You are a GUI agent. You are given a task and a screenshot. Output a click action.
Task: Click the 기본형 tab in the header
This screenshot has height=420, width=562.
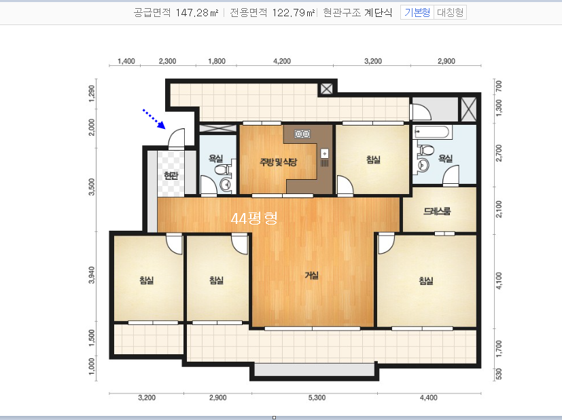pyautogui.click(x=417, y=12)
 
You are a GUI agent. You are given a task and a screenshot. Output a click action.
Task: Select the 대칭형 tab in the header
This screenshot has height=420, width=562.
pyautogui.click(x=450, y=12)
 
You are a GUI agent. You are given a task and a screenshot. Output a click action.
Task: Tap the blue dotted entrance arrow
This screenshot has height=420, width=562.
pyautogui.click(x=154, y=119)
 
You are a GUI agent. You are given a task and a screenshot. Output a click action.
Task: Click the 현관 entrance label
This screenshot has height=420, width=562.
pyautogui.click(x=171, y=175)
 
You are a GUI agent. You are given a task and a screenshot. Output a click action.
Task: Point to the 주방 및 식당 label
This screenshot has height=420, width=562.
pyautogui.click(x=279, y=162)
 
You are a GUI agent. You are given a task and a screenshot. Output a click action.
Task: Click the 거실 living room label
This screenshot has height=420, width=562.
pyautogui.click(x=311, y=275)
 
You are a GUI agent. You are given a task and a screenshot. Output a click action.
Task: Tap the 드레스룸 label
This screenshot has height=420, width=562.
pyautogui.click(x=437, y=211)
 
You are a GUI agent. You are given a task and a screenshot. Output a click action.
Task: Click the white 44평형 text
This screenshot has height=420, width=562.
pyautogui.click(x=254, y=218)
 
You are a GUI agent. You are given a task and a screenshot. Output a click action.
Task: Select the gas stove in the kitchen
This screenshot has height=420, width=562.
pyautogui.click(x=302, y=134)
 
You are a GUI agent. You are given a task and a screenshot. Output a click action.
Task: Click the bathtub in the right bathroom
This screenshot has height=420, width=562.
pyautogui.click(x=433, y=132)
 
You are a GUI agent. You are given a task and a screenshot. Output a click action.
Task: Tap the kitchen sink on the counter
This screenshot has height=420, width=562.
pyautogui.click(x=324, y=153)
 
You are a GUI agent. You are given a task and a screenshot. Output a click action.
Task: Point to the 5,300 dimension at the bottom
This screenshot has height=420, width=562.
pyautogui.click(x=317, y=398)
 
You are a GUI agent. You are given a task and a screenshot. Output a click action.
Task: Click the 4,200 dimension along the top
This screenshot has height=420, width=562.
pyautogui.click(x=282, y=61)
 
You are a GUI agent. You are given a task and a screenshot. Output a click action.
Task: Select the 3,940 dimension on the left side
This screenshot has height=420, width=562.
pyautogui.click(x=92, y=275)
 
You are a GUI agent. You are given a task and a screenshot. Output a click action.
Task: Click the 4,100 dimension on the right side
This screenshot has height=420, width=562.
pyautogui.click(x=499, y=281)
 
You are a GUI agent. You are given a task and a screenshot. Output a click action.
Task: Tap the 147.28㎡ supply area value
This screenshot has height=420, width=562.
pyautogui.click(x=197, y=13)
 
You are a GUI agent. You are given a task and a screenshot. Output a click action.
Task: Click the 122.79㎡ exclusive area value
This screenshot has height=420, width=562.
pyautogui.click(x=294, y=13)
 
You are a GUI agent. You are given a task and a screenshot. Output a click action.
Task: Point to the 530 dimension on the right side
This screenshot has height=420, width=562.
pyautogui.click(x=499, y=375)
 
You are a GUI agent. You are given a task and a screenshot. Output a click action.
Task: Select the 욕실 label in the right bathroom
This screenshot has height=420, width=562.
pyautogui.click(x=446, y=158)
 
